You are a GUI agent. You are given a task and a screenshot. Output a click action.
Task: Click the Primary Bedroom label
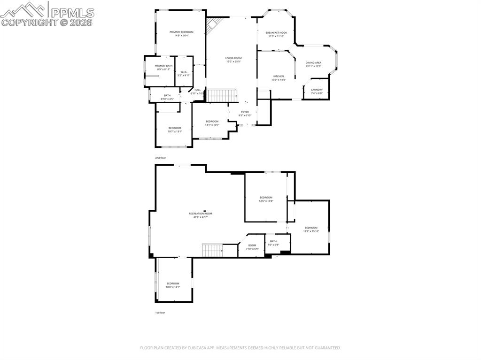[181, 32]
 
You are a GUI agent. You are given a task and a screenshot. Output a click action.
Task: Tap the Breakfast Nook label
[276, 33]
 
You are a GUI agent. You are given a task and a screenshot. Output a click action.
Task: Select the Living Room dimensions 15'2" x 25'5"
[233, 61]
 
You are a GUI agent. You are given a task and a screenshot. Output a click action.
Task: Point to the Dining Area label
[313, 62]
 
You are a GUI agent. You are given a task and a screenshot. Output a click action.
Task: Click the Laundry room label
[317, 90]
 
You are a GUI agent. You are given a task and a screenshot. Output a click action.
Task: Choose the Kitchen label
[279, 77]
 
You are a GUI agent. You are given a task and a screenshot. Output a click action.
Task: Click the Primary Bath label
[163, 66]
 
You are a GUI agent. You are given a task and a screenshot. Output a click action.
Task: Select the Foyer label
[245, 112]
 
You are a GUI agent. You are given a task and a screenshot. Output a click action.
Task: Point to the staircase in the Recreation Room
[212, 250]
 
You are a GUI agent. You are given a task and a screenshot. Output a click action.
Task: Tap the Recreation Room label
[201, 214]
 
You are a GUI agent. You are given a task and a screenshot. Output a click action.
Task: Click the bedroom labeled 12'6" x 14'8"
[266, 198]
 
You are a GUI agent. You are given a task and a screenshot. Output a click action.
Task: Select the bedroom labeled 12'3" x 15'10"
[311, 228]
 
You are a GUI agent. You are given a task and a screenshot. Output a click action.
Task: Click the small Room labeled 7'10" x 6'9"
[252, 245]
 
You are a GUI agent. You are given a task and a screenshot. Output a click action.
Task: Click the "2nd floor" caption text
[161, 158]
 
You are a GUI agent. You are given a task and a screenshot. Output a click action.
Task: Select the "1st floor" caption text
[160, 313]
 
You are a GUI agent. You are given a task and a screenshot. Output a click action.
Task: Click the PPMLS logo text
[72, 12]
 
